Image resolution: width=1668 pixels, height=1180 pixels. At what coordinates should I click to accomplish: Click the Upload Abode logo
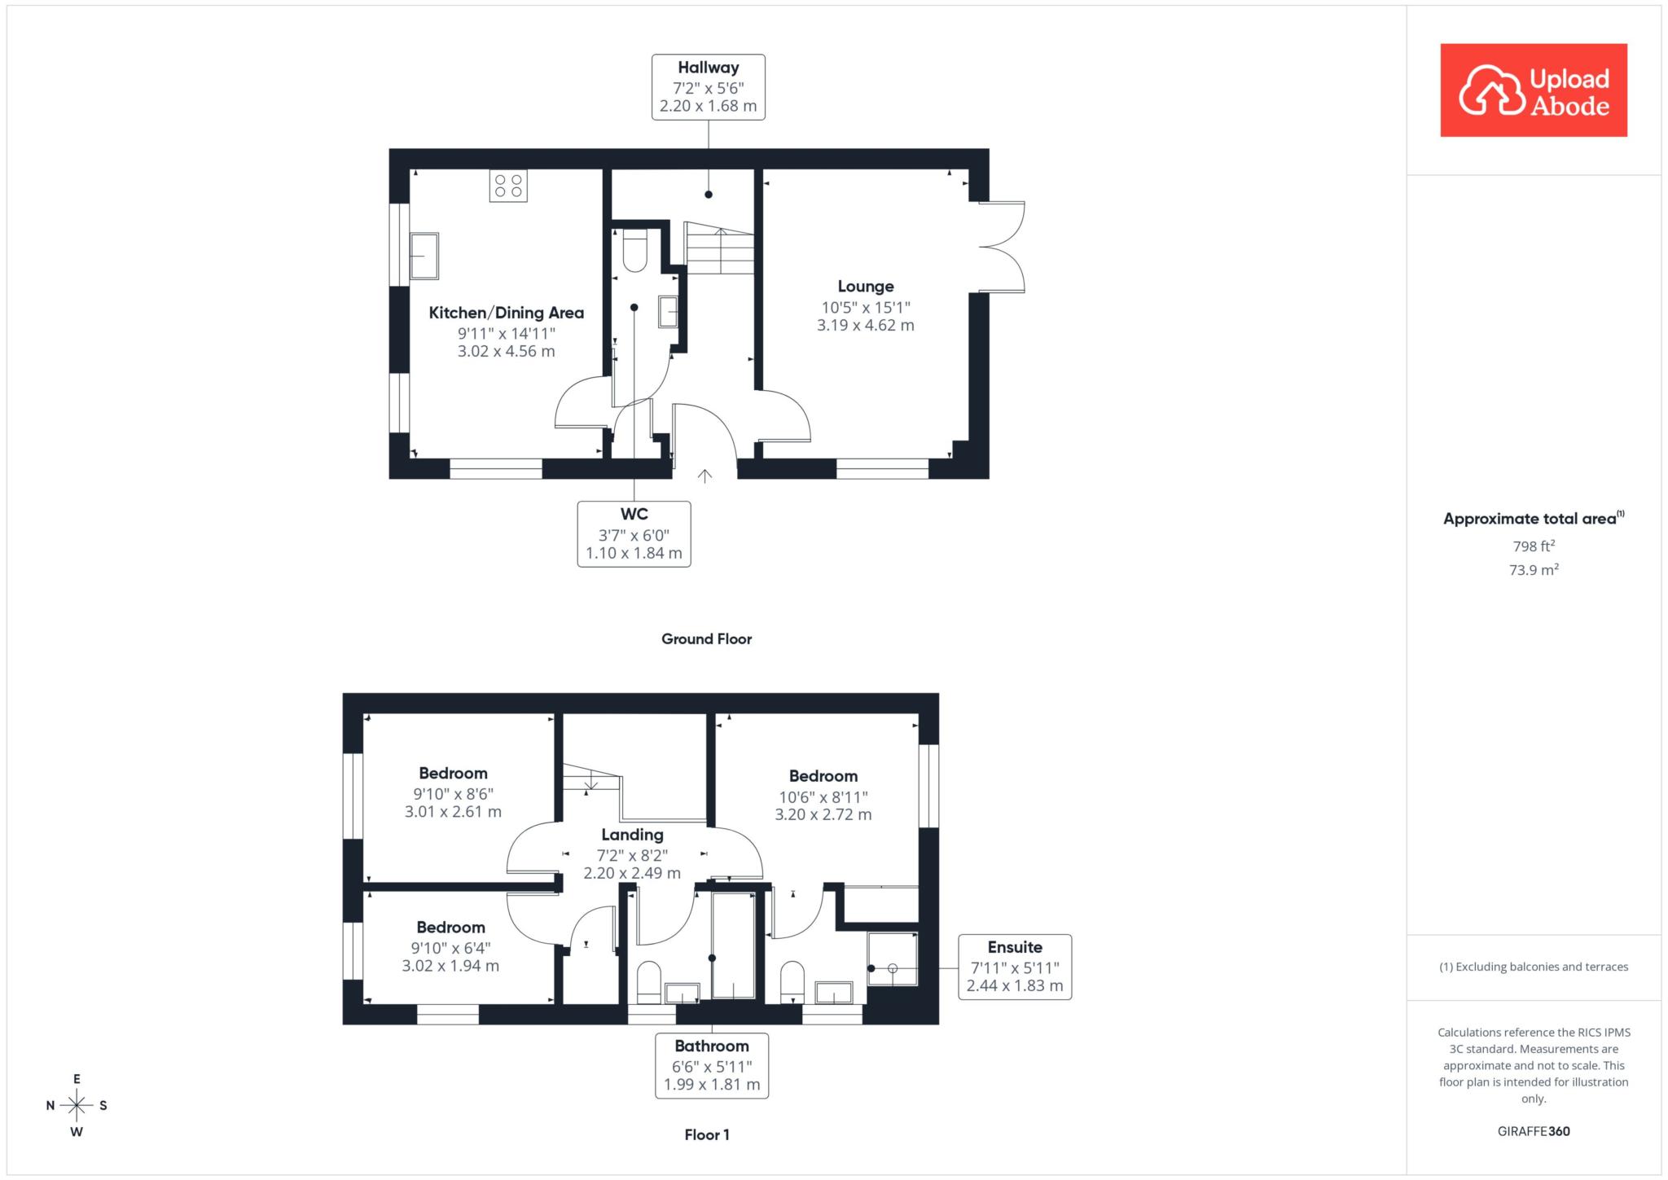pyautogui.click(x=1534, y=90)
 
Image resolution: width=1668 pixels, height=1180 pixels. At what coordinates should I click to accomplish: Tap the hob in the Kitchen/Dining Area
pyautogui.click(x=508, y=186)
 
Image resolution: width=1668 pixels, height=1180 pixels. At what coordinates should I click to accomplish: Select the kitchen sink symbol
pyautogui.click(x=424, y=257)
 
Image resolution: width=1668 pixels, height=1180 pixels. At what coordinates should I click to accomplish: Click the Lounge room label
pyautogui.click(x=866, y=287)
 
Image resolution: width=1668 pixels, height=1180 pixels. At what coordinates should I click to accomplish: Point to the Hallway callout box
pyautogui.click(x=709, y=87)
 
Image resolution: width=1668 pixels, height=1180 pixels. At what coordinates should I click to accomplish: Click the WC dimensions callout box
pyautogui.click(x=634, y=534)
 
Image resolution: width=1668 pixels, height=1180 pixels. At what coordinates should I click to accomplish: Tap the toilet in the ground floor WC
pyautogui.click(x=634, y=250)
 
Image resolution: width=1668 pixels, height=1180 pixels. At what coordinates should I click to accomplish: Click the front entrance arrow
pyautogui.click(x=705, y=476)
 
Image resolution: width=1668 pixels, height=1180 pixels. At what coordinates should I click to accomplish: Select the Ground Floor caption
pyautogui.click(x=706, y=639)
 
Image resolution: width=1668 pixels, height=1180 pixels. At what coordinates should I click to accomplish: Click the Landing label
pyautogui.click(x=632, y=835)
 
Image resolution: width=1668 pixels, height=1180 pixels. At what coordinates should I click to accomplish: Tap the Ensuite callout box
pyautogui.click(x=1015, y=967)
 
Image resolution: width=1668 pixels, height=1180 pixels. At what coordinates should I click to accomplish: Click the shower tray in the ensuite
pyautogui.click(x=893, y=959)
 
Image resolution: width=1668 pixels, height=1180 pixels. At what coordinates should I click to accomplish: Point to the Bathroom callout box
pyautogui.click(x=712, y=1065)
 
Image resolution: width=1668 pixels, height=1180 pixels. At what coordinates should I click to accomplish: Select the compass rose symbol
pyautogui.click(x=77, y=1105)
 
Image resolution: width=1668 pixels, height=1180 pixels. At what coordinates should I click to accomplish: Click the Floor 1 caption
pyautogui.click(x=707, y=1134)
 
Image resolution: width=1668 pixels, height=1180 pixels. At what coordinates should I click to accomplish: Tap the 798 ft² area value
pyautogui.click(x=1534, y=546)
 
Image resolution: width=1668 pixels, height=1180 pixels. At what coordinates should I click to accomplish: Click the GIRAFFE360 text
pyautogui.click(x=1534, y=1131)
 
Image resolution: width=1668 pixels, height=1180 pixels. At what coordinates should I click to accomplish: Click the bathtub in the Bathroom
pyautogui.click(x=733, y=945)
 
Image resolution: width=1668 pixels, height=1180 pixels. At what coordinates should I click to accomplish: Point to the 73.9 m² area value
pyautogui.click(x=1534, y=570)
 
